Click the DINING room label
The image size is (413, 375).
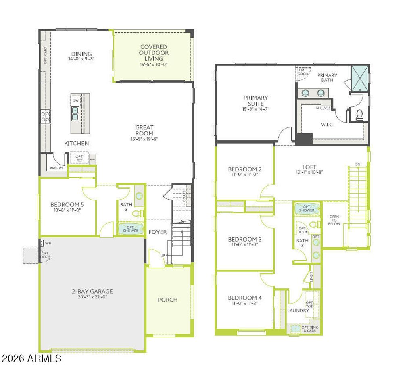[x=81, y=54]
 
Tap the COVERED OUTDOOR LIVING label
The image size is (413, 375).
[x=154, y=53]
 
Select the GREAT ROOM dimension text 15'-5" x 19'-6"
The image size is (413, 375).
[x=144, y=139]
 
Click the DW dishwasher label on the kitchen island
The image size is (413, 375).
[x=75, y=100]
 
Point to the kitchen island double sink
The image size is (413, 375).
[x=75, y=113]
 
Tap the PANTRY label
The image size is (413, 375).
[x=56, y=168]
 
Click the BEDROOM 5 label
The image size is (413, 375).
[x=67, y=204]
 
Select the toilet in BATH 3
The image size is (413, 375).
[x=137, y=213]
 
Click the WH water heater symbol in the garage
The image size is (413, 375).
[x=42, y=243]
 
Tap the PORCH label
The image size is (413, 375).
[x=167, y=300]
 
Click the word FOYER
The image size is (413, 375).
[x=158, y=232]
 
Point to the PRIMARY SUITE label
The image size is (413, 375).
[x=256, y=100]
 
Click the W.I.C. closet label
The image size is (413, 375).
[x=327, y=125]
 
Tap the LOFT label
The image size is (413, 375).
[x=309, y=167]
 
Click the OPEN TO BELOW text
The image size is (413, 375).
[x=334, y=220]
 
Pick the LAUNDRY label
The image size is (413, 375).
[x=298, y=310]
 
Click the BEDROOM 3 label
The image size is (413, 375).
[x=245, y=239]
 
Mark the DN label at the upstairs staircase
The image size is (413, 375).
[x=357, y=165]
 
